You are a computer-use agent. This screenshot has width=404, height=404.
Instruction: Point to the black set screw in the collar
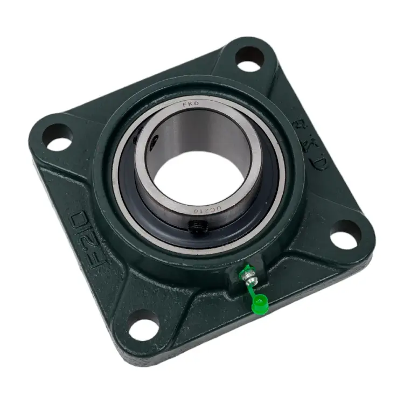(x=194, y=226)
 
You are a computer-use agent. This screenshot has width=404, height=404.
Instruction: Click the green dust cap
(x=259, y=305)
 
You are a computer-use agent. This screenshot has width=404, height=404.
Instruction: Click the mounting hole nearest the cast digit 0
(x=59, y=137)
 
